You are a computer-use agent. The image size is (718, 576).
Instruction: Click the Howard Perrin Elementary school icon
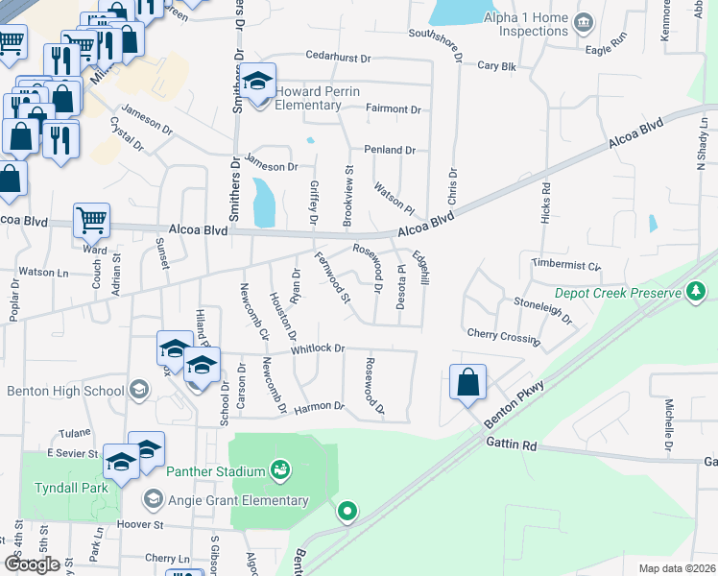coord(257,82)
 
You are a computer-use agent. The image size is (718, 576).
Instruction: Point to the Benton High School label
coord(65,391)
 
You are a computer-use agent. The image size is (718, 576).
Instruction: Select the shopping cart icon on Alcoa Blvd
coord(91,220)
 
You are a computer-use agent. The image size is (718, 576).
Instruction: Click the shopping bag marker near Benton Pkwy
coord(467,382)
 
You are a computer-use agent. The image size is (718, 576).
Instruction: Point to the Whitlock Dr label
coord(318,348)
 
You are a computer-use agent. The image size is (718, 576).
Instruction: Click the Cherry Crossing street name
coord(502,334)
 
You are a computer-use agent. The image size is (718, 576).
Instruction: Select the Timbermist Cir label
coord(565,264)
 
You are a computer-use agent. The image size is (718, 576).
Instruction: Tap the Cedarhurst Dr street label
coord(339,59)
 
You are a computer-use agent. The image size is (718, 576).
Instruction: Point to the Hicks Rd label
coord(545,204)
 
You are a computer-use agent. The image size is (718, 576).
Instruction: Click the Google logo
coord(32,564)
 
